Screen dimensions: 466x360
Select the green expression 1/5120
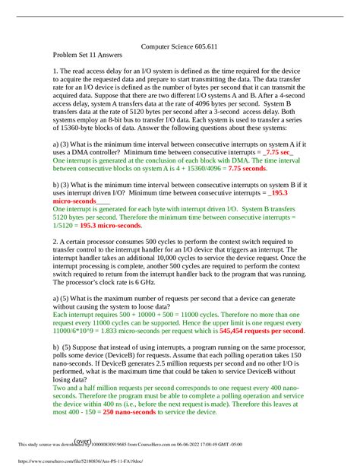(64, 226)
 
